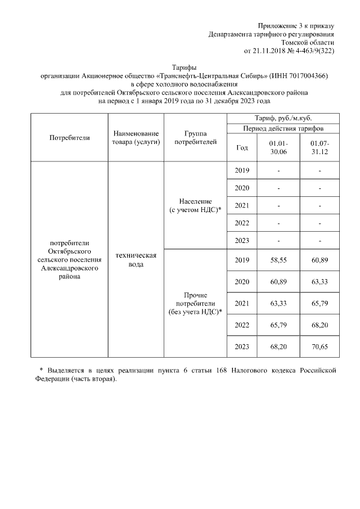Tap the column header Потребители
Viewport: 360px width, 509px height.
pos(69,137)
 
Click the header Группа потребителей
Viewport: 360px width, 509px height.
pos(195,138)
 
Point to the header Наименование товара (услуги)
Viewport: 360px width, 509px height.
pos(136,138)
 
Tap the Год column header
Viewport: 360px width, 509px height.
pos(242,148)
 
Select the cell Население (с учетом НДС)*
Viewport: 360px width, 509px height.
pos(195,205)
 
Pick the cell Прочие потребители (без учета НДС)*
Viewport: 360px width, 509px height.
pos(195,303)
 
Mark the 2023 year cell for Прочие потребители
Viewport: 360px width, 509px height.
pos(242,346)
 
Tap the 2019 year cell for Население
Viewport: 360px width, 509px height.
pos(242,170)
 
